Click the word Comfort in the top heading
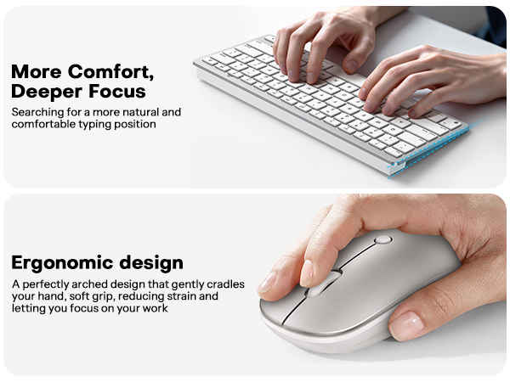point(116,70)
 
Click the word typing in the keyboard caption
point(107,124)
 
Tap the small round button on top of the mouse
point(383,239)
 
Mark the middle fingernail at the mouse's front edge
point(267,283)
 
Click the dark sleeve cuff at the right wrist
point(497,25)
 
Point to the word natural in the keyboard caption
point(138,111)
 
